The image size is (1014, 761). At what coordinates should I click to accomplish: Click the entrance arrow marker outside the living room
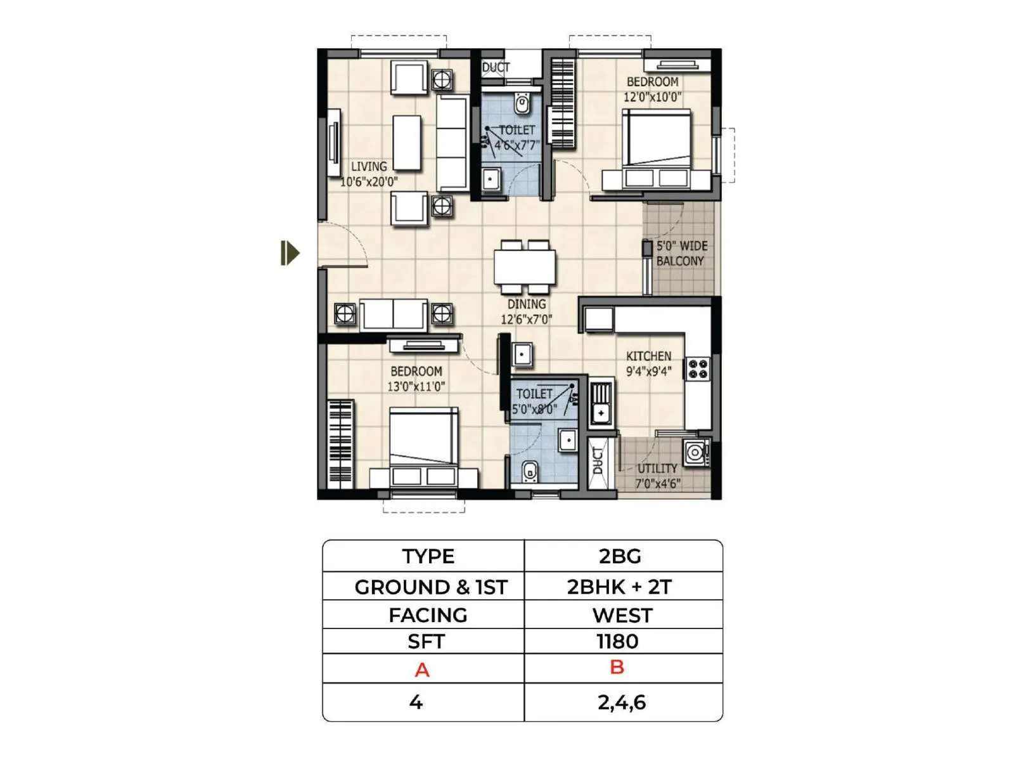290,253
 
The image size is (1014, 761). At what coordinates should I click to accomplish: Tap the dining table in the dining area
525,267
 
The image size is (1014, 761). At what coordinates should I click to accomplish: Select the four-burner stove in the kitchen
698,369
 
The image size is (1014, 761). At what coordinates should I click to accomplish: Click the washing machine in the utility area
695,452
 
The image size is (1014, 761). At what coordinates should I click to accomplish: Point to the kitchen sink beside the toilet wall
601,403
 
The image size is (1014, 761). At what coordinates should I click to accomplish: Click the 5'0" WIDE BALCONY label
681,253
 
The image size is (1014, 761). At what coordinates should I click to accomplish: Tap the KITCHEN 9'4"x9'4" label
648,363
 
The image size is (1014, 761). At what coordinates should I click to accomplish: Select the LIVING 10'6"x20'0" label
369,174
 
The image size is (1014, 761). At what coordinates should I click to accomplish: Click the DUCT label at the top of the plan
496,67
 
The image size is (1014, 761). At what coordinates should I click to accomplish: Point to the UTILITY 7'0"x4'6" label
658,476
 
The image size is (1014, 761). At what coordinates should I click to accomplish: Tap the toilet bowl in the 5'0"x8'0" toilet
530,471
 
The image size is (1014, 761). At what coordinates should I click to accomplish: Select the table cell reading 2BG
620,556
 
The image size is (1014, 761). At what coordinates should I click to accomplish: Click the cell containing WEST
622,615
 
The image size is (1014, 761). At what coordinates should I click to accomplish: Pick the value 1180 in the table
617,642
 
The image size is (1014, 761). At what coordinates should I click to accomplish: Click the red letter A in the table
422,670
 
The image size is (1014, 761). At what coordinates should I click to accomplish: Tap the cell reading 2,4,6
621,702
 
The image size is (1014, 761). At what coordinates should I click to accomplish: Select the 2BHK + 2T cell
619,587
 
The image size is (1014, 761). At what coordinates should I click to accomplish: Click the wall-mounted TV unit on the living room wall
333,143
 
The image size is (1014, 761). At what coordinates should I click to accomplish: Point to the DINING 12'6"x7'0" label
526,311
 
